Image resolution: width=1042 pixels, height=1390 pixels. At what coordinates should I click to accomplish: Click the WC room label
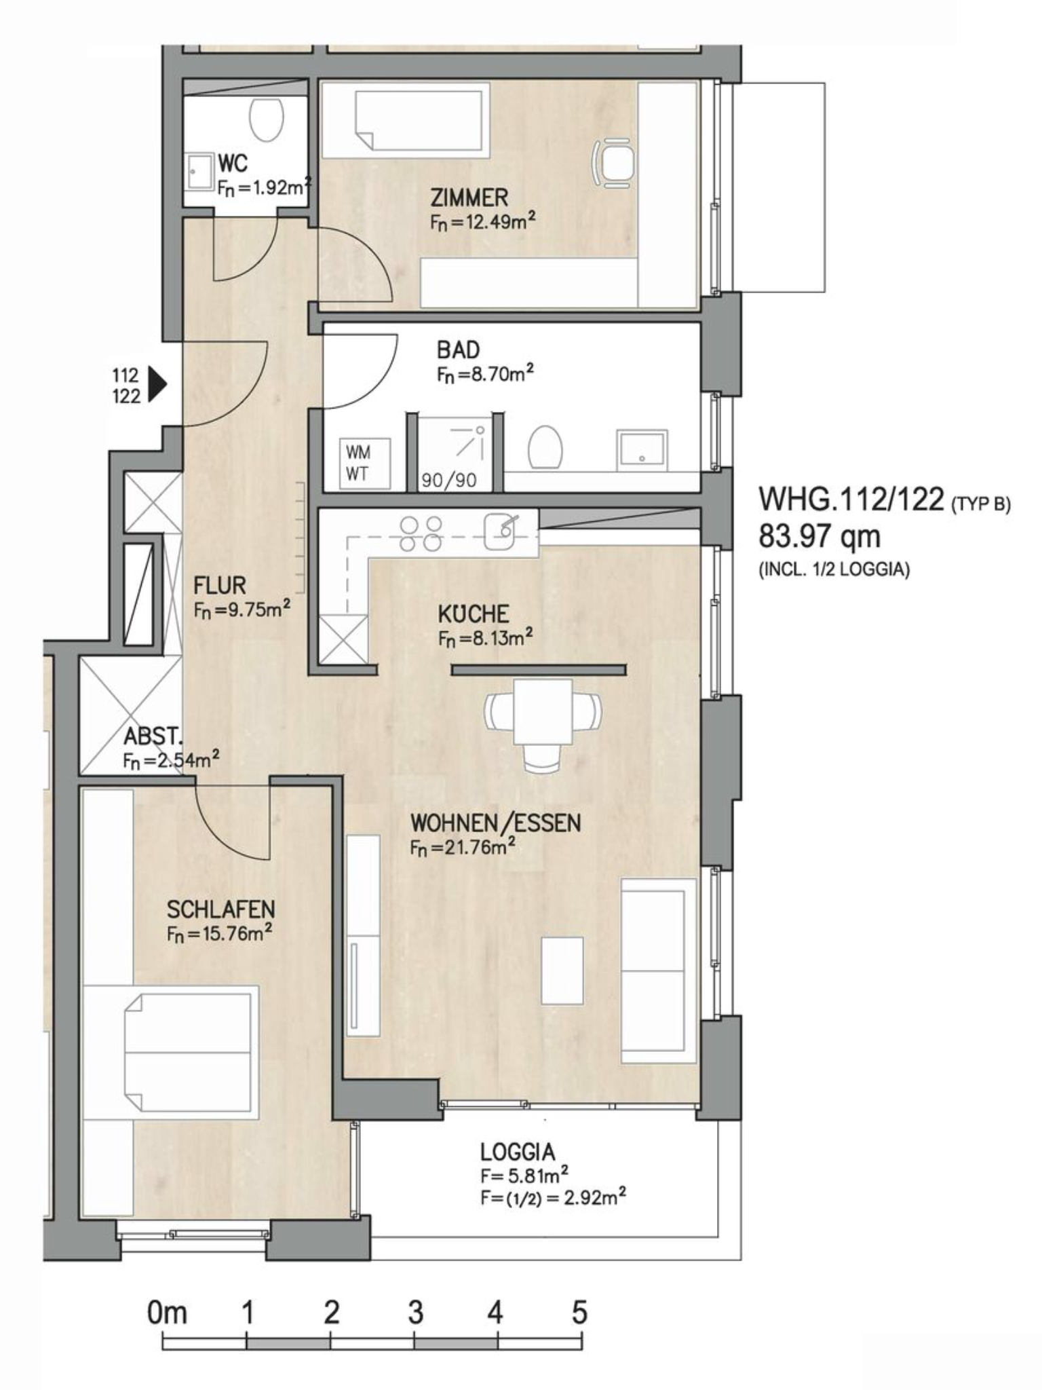tap(233, 164)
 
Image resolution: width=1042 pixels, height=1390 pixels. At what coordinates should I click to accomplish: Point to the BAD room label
tap(458, 350)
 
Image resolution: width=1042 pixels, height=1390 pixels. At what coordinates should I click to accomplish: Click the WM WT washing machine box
tap(365, 463)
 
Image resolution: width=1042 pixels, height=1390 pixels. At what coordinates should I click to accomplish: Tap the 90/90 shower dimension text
tap(449, 481)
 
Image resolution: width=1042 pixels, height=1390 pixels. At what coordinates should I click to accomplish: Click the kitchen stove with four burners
tap(420, 533)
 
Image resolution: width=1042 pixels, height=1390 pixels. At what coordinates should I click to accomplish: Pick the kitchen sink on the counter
tap(501, 531)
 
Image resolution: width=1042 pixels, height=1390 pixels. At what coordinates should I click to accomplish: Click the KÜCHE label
tap(473, 614)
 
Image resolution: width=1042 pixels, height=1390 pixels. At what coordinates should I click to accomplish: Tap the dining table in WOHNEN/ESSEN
tap(543, 711)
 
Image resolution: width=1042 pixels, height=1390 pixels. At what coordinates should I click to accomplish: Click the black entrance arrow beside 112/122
tap(157, 386)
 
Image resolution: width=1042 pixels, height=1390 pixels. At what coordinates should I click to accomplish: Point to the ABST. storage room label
tap(153, 737)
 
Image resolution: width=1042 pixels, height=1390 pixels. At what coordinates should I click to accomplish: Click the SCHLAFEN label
tap(220, 909)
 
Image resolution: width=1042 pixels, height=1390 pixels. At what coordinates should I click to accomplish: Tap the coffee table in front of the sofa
tap(562, 971)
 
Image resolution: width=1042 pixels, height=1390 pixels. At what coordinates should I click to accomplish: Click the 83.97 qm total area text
tap(819, 537)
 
